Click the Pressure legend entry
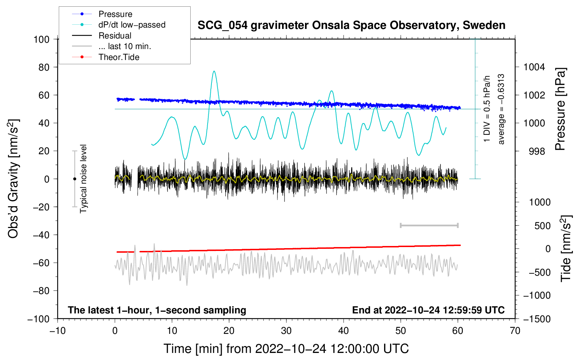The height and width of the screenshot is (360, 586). (x=115, y=14)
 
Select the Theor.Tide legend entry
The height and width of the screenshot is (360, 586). (x=119, y=57)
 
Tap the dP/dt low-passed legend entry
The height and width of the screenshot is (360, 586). (x=132, y=25)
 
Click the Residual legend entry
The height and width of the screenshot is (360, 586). (x=115, y=36)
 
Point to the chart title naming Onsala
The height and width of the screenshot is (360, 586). (x=351, y=25)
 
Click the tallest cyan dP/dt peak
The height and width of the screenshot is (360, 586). (x=214, y=72)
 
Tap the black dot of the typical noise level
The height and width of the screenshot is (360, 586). (x=74, y=179)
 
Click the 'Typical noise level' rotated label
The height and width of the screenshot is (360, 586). (x=83, y=179)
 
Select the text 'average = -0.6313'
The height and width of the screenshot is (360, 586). (x=501, y=109)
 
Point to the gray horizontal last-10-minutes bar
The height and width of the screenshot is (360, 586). (x=429, y=225)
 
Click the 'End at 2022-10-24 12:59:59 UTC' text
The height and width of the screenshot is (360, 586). (x=428, y=310)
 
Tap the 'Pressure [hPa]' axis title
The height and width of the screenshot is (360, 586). (x=560, y=109)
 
